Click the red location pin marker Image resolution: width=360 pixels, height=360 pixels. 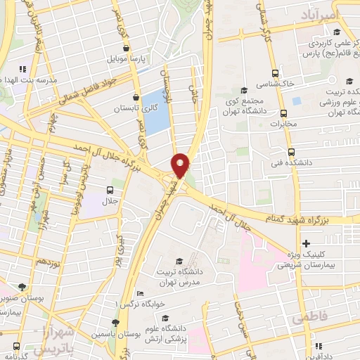pos(181,165)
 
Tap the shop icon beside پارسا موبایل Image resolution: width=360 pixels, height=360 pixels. pos(126,49)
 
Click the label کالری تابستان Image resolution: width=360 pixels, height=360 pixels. pos(136,109)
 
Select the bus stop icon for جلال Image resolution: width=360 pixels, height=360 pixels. pos(110,190)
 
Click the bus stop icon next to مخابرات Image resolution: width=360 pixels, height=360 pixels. pos(283,113)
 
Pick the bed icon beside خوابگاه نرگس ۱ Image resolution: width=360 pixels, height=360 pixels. pos(140,293)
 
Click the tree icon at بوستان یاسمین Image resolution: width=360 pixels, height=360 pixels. pos(115,323)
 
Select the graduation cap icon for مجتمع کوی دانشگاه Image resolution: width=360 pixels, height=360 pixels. pos(244,90)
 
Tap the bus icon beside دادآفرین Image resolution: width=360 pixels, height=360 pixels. pos(319,347)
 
